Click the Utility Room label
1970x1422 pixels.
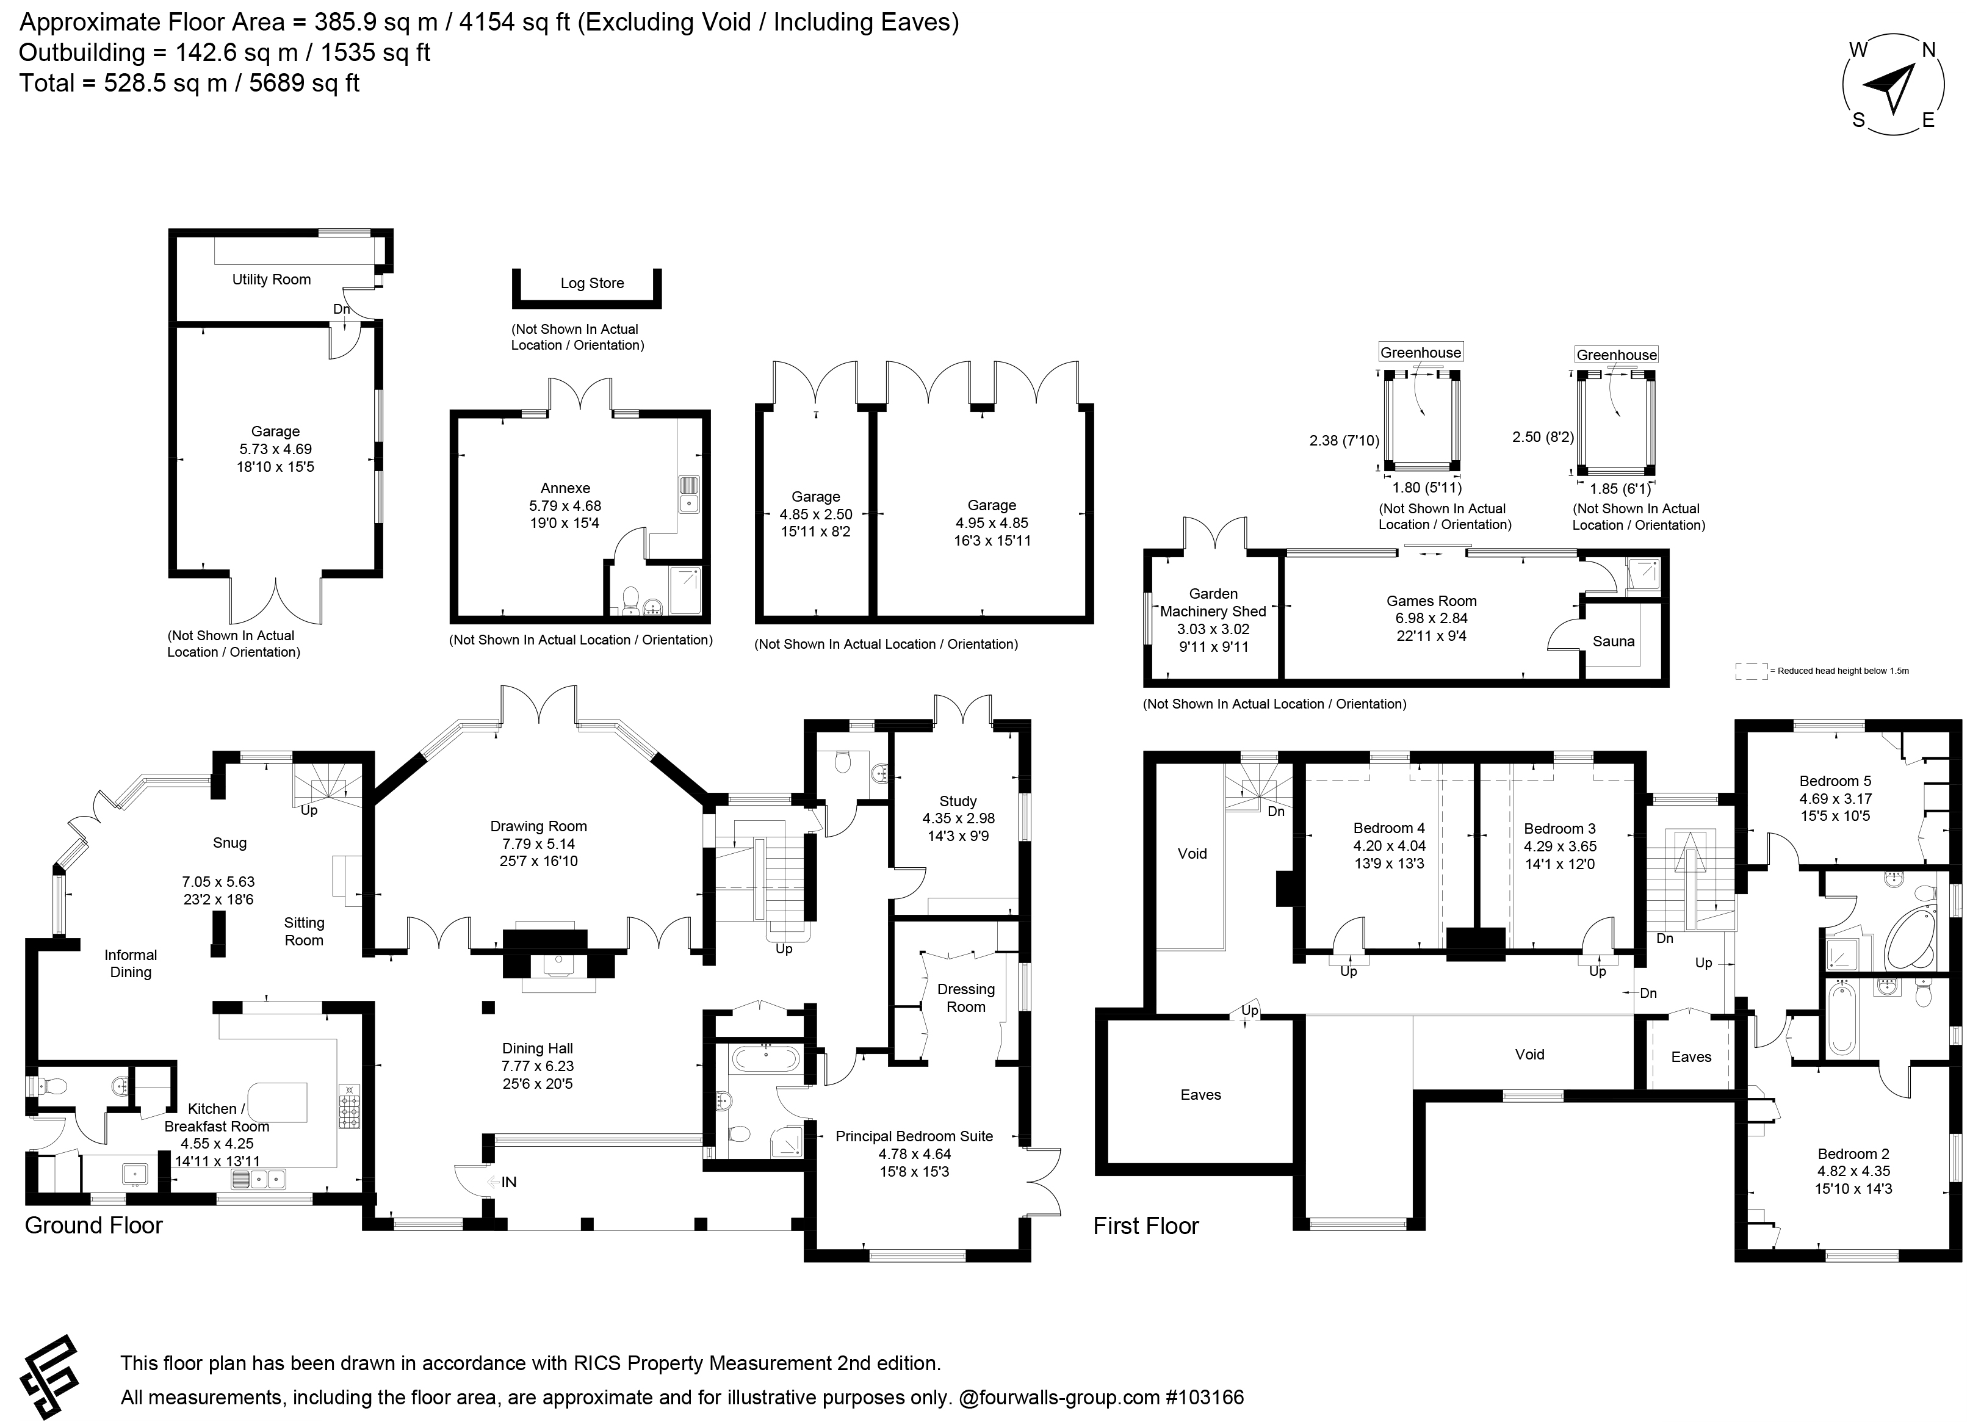[271, 280]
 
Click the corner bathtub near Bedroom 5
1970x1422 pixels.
[1911, 939]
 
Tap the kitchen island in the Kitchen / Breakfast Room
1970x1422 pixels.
[278, 1102]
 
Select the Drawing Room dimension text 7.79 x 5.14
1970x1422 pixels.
[538, 843]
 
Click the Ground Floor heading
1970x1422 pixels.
[94, 1225]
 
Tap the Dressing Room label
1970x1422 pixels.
[966, 998]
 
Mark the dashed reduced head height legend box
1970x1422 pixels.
[1751, 671]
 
